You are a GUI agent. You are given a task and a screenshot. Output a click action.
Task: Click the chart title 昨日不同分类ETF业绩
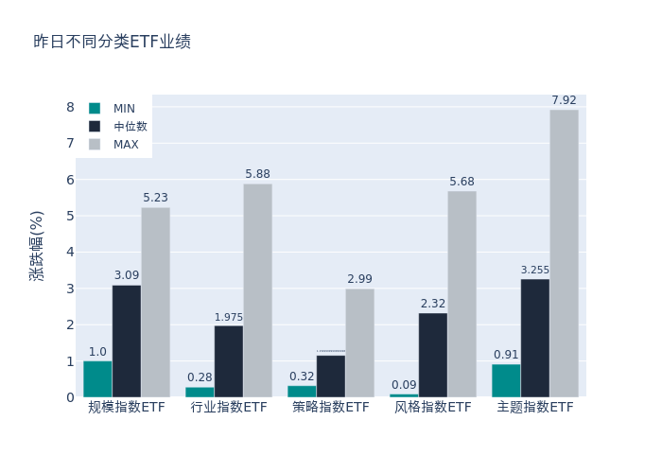112,42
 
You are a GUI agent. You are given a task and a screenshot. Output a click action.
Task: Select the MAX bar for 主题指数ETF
564,254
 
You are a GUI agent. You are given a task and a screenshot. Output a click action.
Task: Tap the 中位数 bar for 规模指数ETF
127,341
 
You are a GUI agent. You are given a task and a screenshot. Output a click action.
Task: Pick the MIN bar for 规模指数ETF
97,378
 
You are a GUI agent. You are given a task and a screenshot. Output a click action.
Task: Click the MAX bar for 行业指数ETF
257,290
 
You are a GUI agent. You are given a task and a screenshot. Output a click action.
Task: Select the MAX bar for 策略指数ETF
359,342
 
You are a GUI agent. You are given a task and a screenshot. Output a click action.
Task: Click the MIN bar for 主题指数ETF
506,380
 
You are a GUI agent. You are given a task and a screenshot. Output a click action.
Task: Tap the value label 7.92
564,100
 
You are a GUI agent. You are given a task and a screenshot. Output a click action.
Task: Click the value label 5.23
156,198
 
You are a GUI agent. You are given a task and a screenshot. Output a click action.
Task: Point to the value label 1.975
229,317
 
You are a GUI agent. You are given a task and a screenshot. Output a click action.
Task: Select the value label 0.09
404,385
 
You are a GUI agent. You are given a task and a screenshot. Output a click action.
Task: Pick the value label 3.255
535,270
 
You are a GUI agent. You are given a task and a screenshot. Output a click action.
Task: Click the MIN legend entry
114,109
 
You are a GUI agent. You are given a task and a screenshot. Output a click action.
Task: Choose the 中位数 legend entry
120,127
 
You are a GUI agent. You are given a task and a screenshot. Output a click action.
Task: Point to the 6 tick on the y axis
70,180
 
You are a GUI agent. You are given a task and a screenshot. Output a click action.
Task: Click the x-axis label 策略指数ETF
331,408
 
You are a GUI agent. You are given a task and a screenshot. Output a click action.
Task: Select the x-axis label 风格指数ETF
433,408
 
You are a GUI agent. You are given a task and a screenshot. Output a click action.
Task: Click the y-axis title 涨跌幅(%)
37,246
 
